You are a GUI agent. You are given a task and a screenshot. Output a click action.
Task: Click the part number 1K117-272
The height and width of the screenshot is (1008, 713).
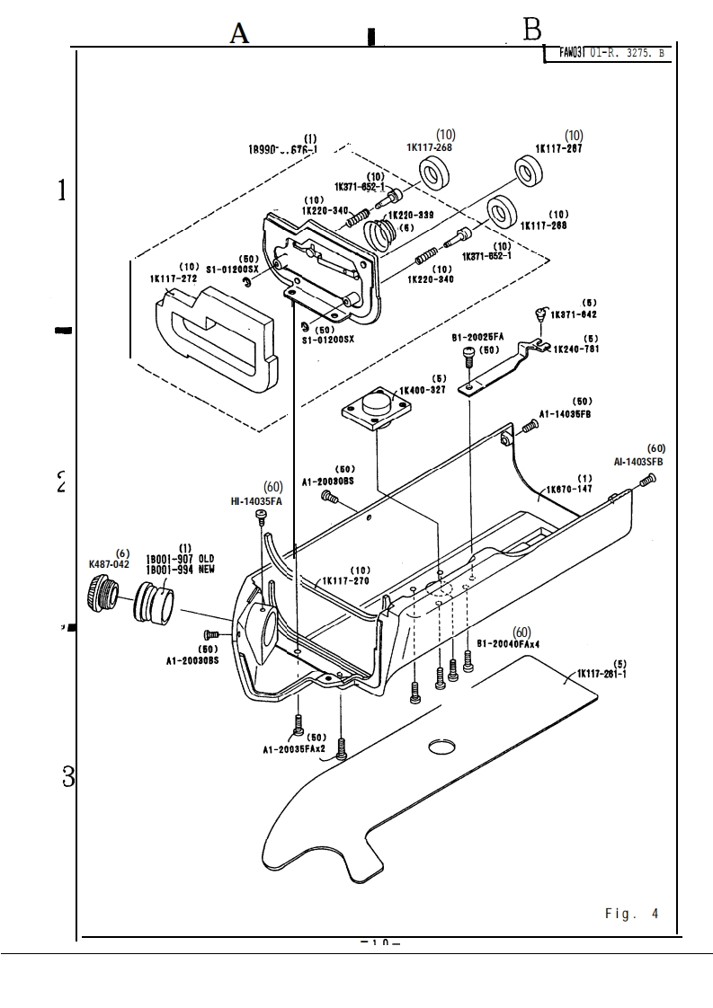[x=174, y=279]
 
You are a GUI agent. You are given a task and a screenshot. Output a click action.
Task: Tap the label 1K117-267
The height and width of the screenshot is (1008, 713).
[x=558, y=148]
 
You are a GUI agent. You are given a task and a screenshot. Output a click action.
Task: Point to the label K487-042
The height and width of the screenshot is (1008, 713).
[x=109, y=564]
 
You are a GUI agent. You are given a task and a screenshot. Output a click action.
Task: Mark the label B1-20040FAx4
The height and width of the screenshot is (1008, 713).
[x=508, y=643]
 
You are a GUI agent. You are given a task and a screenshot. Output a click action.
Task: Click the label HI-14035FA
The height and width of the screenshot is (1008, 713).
[x=256, y=501]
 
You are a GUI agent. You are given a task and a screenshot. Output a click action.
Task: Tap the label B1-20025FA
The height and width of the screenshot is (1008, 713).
[x=477, y=337]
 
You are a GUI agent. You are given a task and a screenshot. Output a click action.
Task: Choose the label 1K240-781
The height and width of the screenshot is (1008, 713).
[x=575, y=349]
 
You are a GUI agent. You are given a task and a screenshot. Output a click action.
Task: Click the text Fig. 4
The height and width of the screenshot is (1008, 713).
[x=631, y=914]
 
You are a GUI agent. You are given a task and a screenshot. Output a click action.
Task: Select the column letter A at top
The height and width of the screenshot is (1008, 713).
[x=238, y=34]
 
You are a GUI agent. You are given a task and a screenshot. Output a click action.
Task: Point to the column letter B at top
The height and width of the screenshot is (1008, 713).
[x=532, y=31]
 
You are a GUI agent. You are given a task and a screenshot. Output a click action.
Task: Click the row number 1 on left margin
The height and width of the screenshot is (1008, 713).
[x=62, y=190]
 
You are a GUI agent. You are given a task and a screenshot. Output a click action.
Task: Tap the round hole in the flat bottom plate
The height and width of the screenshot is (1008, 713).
[x=443, y=747]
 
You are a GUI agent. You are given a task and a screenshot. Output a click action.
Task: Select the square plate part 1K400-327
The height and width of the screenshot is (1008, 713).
[x=376, y=412]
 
